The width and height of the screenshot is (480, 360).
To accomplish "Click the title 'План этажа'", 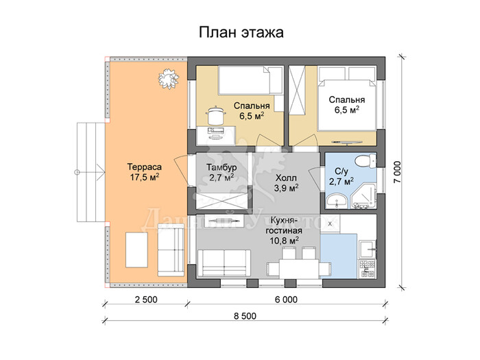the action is click(x=241, y=32).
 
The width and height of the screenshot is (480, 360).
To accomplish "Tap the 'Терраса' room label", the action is click(x=144, y=167).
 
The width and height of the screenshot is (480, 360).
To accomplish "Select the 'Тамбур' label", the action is click(x=221, y=167).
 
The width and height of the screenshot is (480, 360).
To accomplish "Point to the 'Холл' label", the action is click(x=286, y=178).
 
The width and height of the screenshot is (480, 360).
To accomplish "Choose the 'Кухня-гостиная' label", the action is click(x=284, y=226).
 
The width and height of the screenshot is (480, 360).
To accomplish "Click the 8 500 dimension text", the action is click(x=245, y=316).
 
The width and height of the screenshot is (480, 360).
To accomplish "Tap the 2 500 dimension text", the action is click(x=146, y=300).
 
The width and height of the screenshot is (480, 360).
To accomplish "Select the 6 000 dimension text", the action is click(x=286, y=300).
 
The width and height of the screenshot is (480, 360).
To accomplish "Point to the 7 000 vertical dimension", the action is click(x=397, y=172).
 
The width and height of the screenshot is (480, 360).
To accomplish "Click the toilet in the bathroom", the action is click(x=365, y=160).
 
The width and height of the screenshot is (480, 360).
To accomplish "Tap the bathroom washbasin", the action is click(x=337, y=201).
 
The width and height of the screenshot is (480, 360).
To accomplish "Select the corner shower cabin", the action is click(x=363, y=197).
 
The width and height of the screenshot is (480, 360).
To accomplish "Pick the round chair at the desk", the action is click(x=216, y=115).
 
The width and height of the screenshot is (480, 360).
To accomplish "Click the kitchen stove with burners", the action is click(x=368, y=269).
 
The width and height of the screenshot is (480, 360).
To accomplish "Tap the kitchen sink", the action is click(x=368, y=249).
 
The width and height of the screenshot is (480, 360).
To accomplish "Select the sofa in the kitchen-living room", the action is click(x=224, y=263).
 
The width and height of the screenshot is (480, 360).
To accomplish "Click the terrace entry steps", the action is click(x=91, y=172).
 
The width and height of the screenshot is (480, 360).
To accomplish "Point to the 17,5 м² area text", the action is click(x=144, y=177).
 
